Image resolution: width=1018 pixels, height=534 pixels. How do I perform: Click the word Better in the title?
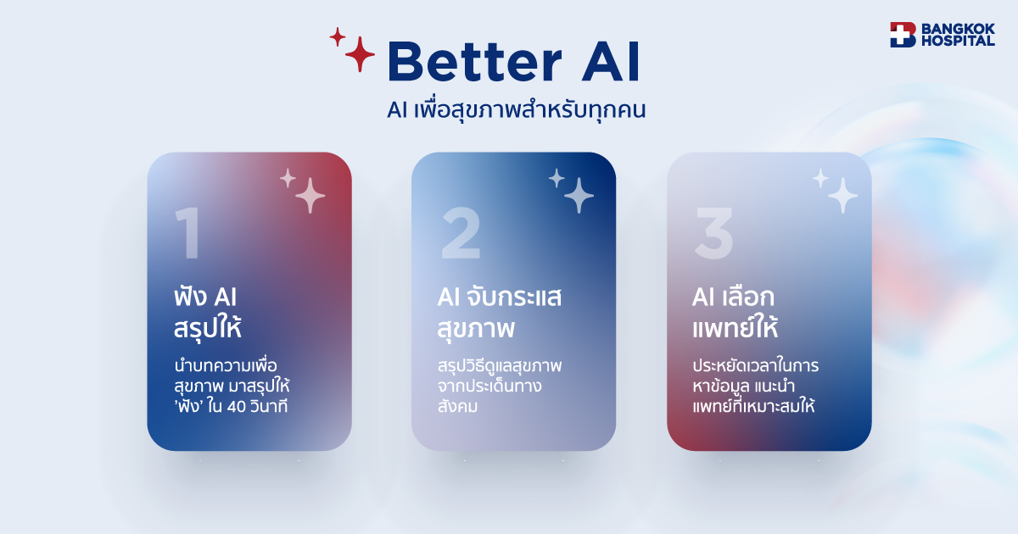475,62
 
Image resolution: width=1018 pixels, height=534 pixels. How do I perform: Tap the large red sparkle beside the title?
360,54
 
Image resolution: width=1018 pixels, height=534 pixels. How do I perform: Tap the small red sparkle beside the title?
338,36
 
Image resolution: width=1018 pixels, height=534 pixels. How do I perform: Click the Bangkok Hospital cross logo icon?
903,35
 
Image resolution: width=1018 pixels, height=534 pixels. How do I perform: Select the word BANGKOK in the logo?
958,29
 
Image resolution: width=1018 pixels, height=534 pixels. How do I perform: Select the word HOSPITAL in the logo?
958,41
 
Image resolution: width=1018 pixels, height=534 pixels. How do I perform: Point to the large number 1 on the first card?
188,233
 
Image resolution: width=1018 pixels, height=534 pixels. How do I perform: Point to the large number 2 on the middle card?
461,233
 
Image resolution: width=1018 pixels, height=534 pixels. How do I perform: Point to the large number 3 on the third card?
714,233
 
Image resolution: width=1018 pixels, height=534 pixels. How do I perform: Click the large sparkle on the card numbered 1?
310,196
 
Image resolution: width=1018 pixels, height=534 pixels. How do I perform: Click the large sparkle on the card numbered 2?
579,196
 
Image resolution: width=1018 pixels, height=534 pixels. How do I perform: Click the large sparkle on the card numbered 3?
843,196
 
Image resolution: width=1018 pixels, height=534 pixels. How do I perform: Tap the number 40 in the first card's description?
237,406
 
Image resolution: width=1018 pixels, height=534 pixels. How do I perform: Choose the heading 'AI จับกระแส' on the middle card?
500,298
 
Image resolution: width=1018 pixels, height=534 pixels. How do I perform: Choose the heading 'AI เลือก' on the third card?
733,298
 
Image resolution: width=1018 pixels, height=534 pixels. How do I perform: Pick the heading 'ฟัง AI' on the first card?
205,298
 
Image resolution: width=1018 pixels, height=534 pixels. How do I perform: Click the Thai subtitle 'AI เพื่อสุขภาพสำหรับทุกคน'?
517,110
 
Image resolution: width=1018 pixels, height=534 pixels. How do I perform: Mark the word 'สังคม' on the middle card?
457,405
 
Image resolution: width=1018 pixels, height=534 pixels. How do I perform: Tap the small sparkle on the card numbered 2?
557,178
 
